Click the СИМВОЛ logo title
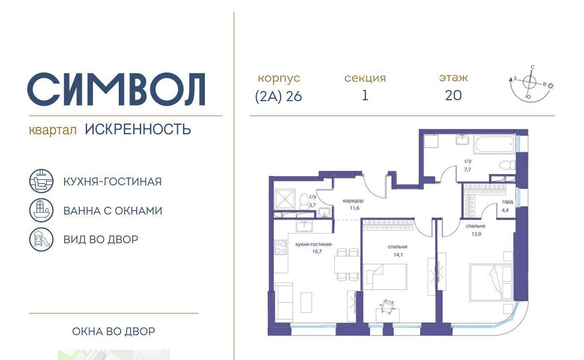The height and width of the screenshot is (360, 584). pos(116,89)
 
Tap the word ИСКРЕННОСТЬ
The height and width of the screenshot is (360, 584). pos(138,129)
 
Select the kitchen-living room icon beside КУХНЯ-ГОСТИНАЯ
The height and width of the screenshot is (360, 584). pos(41,181)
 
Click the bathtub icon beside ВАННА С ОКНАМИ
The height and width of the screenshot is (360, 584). pos(41,210)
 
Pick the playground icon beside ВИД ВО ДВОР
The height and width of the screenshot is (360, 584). pos(41,239)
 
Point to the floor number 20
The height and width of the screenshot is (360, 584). pos(454,95)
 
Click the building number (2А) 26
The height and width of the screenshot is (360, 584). pos(278,96)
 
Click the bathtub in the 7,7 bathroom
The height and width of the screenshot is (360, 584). pos(495,144)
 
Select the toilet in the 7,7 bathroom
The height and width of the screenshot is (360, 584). pos(507,165)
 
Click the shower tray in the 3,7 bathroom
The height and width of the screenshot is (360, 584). pos(285,199)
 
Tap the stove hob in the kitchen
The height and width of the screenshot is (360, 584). pos(280,248)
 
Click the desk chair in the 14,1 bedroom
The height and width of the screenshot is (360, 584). pos(387,307)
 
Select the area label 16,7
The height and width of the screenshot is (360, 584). pos(317,252)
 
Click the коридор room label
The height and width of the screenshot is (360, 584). pos(353,201)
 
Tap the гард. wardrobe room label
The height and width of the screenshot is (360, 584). pos(508,202)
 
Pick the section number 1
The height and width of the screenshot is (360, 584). pos(365,95)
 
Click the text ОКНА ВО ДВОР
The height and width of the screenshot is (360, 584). pos(114,331)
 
